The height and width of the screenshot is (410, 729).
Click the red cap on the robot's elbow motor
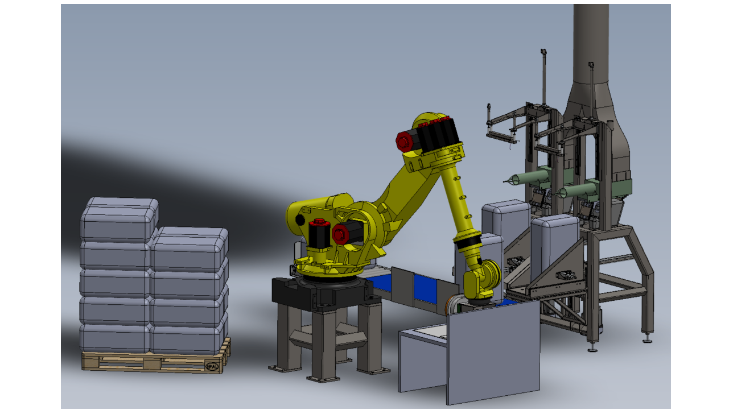pyautogui.click(x=405, y=140)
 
